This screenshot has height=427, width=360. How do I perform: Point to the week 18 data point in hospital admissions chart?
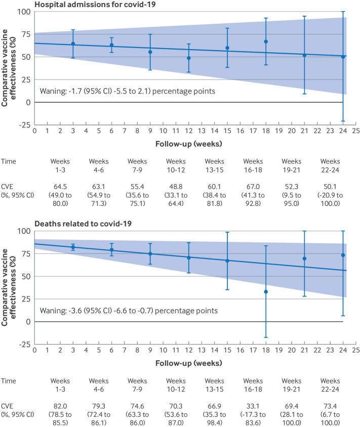(266, 41)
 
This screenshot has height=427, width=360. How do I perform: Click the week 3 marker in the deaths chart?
(73, 247)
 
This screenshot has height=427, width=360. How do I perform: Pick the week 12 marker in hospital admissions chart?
(189, 58)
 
